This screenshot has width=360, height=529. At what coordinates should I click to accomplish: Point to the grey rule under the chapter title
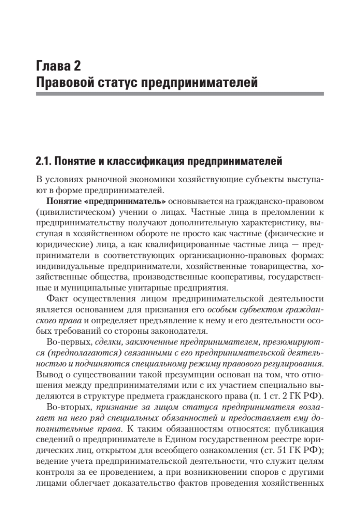click(x=180, y=94)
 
